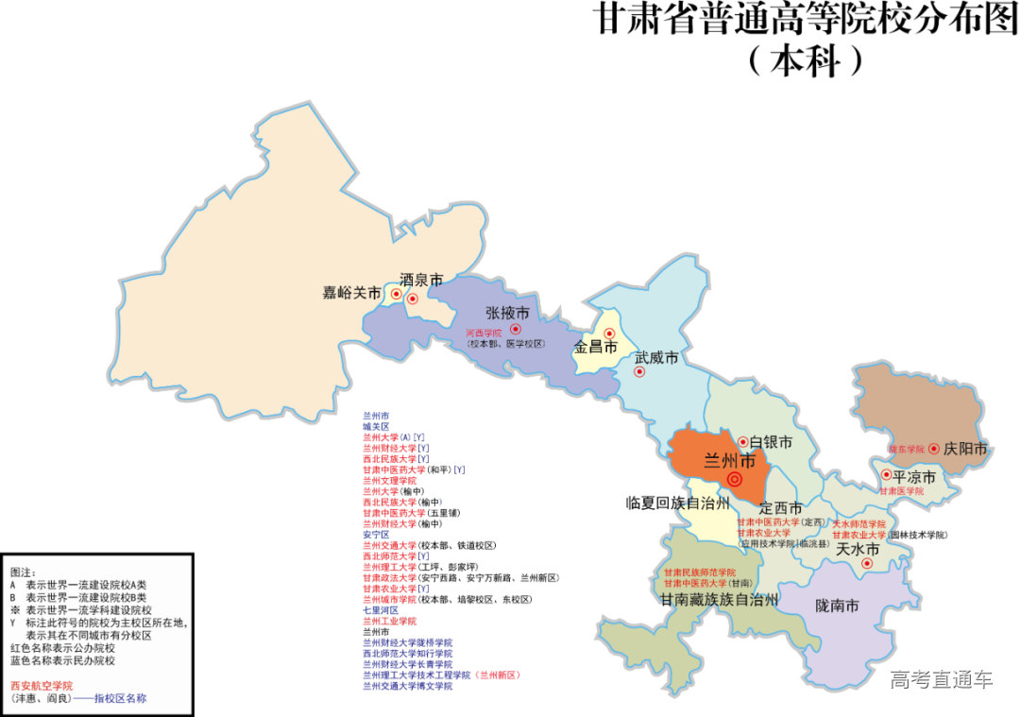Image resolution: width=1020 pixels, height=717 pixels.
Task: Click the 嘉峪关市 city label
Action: pos(351,294)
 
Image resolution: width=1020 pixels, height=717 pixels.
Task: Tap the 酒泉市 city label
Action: pos(421,281)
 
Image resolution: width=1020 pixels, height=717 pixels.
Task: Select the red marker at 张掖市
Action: pos(516,329)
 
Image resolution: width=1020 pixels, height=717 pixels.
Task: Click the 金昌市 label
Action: pos(595,348)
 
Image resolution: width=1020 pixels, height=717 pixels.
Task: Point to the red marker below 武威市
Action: pos(639,371)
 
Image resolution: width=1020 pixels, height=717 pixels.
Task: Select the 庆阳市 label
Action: pos(965,449)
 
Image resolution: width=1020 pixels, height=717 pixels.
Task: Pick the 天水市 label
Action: pos(858,549)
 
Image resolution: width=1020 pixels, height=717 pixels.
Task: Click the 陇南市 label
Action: pos(837,606)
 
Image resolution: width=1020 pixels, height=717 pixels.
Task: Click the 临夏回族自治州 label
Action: pos(678,502)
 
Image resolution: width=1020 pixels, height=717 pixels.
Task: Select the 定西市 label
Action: pos(780,508)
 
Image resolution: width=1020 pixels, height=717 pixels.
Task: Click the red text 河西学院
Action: pos(484,333)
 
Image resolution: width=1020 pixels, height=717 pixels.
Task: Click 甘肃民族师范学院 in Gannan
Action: pos(699,572)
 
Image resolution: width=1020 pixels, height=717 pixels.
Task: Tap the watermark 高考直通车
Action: pos(942,678)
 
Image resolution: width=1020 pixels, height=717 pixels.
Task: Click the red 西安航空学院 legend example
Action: pos(41,686)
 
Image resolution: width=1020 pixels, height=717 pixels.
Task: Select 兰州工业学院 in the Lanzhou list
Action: pos(389,621)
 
